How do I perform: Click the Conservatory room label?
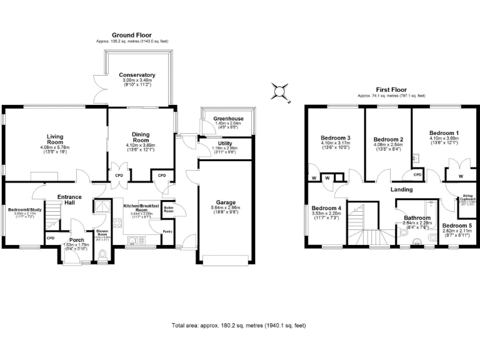coord(137,76)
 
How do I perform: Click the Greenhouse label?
coord(228,119)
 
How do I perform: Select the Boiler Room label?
coord(168,209)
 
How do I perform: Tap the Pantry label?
coord(167,232)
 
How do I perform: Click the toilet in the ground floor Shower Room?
coord(103,255)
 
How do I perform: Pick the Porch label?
coord(77,240)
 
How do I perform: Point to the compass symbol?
coord(279,92)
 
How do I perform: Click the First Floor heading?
coord(391,89)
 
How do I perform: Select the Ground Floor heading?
coord(131,35)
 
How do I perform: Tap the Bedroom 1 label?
coord(444,133)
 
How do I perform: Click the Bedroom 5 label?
coord(456,226)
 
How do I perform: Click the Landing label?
coord(401,189)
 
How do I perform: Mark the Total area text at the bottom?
coord(239,326)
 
